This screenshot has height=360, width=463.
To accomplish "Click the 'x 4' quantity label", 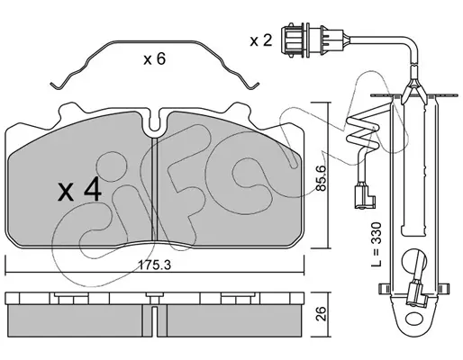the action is click(79, 192).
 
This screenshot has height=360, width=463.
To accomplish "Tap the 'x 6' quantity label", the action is click(154, 59).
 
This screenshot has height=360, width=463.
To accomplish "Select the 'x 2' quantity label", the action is click(261, 40).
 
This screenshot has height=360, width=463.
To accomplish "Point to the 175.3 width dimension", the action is click(154, 265).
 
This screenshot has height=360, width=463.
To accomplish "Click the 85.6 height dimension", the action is click(321, 179).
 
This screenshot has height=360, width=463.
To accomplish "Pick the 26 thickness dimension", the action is click(322, 313).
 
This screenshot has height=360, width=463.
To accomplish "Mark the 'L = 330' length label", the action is click(376, 244).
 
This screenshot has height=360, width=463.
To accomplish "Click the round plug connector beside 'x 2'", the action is click(312, 40).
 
